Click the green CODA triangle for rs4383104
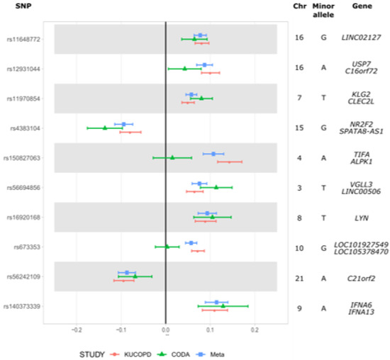pos(105,128)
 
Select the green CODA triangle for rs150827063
pos(172,157)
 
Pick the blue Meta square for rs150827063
pos(213,153)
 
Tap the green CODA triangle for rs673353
pos(167,247)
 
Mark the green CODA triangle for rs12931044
pos(185,69)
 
